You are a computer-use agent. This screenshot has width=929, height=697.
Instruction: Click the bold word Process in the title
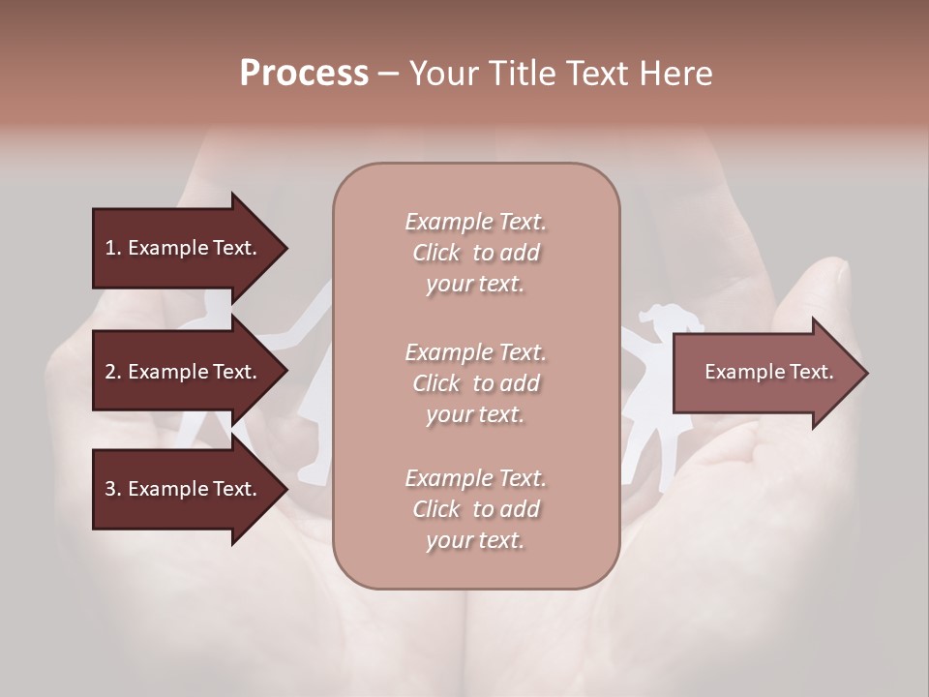click(x=304, y=74)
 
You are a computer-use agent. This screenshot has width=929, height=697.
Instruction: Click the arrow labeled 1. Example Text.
click(x=184, y=248)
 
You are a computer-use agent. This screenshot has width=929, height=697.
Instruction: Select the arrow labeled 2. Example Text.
click(x=184, y=372)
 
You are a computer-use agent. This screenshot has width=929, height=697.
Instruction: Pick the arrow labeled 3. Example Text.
click(x=184, y=489)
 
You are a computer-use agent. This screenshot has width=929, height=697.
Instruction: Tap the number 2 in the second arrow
click(x=110, y=372)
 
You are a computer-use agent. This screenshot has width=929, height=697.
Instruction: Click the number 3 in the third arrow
click(x=110, y=489)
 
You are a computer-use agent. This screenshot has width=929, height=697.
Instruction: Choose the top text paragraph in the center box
click(x=475, y=253)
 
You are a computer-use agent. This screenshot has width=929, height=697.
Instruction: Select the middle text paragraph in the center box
click(x=475, y=382)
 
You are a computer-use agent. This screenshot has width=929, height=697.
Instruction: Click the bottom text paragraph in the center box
click(x=475, y=509)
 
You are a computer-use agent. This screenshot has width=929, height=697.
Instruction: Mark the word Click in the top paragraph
click(x=435, y=253)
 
